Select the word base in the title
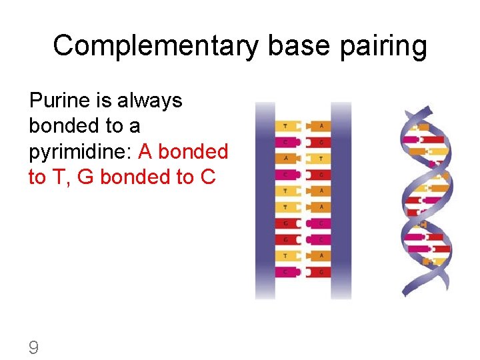[295, 46]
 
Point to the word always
[150, 101]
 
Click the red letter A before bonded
[146, 151]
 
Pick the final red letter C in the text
[208, 177]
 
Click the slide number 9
[33, 347]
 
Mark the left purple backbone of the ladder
[265, 200]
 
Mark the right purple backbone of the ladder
[341, 200]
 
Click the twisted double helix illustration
[426, 200]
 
